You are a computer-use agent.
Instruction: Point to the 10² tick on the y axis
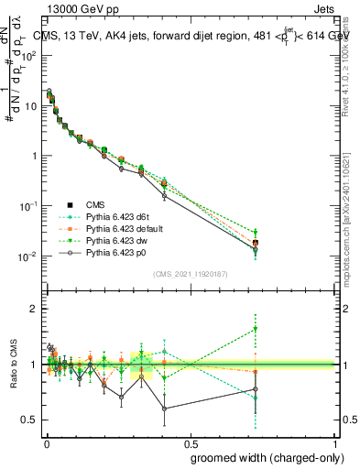pos(34,56)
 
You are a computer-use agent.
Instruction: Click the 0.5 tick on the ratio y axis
pos(30,420)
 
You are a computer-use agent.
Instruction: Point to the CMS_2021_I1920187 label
pos(191,274)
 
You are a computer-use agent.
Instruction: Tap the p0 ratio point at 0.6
pos(165,409)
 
